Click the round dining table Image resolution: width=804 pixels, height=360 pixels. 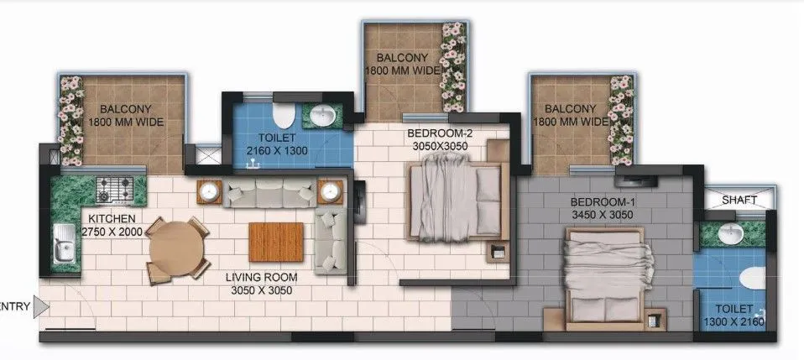[x=177, y=248]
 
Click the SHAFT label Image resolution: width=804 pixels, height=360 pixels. [x=739, y=200]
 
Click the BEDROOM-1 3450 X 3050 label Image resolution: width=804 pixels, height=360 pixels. [x=601, y=209]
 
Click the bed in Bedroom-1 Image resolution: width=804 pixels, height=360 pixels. [x=606, y=278]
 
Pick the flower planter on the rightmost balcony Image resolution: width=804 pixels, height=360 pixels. [x=622, y=113]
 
